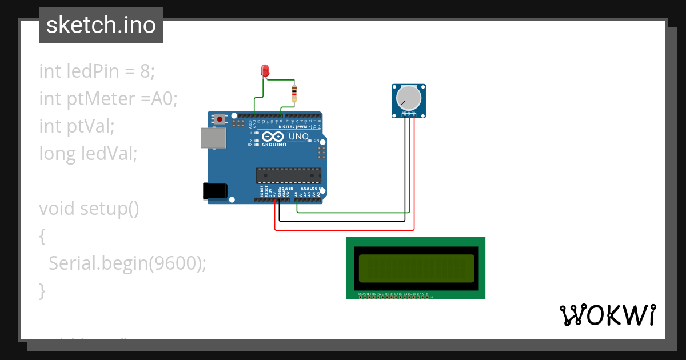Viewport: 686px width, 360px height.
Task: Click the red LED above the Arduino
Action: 265,71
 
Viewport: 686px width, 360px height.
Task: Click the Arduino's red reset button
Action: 220,119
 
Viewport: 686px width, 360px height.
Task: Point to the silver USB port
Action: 213,138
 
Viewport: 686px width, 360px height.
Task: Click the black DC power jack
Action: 215,191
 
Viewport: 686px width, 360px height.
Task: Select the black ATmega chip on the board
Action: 289,175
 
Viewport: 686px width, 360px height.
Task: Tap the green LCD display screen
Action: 416,268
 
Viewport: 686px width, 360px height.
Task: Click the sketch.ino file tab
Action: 101,25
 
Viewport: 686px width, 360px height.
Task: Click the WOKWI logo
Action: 607,315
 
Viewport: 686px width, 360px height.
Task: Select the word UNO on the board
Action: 299,137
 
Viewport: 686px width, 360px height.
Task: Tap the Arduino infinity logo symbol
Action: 273,137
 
